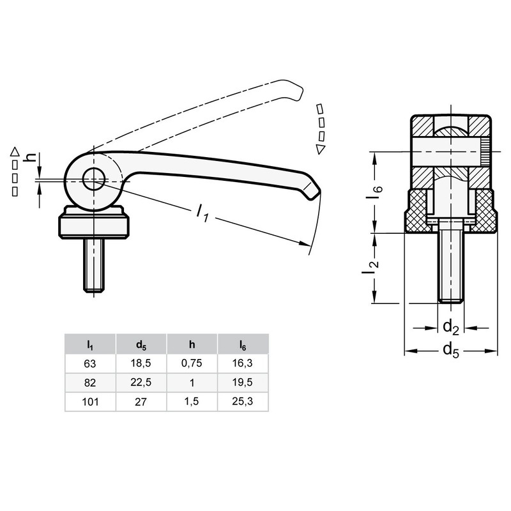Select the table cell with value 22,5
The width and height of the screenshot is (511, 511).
141,383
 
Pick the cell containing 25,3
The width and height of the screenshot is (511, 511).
243,403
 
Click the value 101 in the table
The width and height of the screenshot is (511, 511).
89,403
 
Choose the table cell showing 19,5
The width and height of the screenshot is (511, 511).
243,383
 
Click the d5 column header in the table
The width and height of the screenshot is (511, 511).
141,344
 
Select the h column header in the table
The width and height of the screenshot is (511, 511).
191,344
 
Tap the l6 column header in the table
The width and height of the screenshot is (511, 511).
243,344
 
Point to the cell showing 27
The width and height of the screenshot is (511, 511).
141,403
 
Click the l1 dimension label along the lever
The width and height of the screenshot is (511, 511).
202,213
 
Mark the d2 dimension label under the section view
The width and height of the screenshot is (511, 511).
450,328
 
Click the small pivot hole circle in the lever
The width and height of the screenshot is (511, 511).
95,180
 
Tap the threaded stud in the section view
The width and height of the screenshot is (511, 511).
450,268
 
